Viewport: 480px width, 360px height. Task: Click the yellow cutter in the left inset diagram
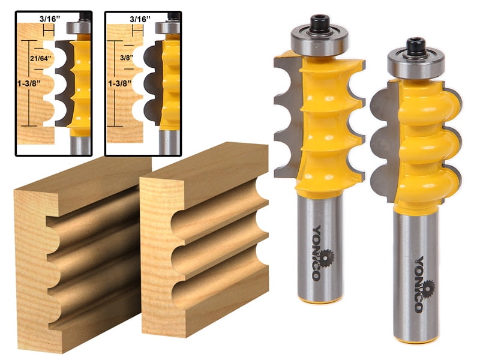point(81,84)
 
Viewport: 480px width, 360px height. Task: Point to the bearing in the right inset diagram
point(167,27)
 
